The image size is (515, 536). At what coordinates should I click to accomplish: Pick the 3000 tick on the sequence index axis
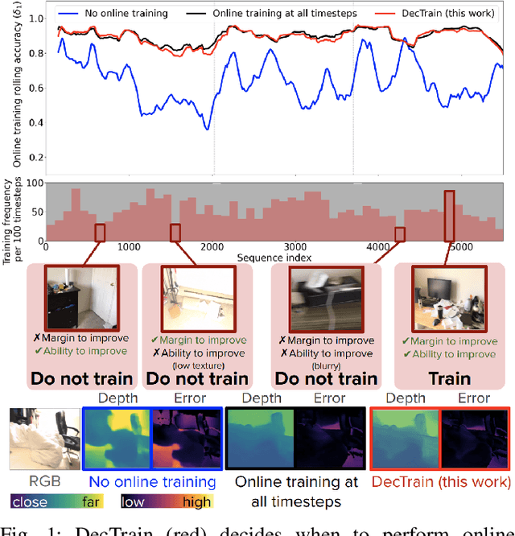(297, 248)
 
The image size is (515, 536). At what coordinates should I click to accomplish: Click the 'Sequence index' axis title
(274, 257)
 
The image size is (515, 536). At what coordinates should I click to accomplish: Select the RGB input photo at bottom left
(43, 439)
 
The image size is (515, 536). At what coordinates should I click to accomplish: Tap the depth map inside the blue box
(117, 439)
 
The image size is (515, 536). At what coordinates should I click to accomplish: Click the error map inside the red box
(475, 439)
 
